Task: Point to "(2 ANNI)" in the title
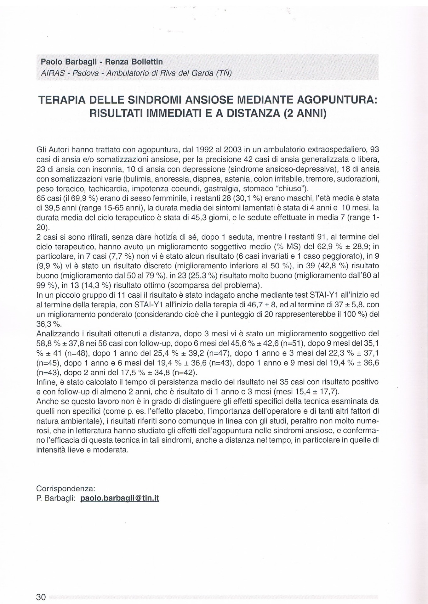pyautogui.click(x=305, y=113)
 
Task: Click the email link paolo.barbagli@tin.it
pyautogui.click(x=120, y=498)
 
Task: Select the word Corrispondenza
pyautogui.click(x=66, y=489)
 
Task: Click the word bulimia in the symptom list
pyautogui.click(x=137, y=179)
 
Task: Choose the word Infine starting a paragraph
pyautogui.click(x=46, y=382)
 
